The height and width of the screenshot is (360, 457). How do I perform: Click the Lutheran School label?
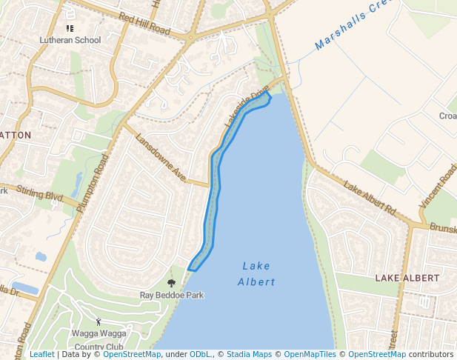pyautogui.click(x=69, y=39)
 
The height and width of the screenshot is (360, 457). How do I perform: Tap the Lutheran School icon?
pyautogui.click(x=70, y=28)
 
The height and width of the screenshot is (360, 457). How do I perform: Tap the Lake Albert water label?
pyautogui.click(x=256, y=273)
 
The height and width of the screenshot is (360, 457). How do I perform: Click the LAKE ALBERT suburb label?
pyautogui.click(x=407, y=278)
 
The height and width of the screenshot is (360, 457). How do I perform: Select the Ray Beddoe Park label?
pyautogui.click(x=172, y=295)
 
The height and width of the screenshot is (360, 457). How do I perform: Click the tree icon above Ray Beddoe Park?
pyautogui.click(x=172, y=283)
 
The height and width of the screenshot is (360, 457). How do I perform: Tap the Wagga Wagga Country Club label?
pyautogui.click(x=99, y=340)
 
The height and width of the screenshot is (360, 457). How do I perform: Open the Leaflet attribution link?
pyautogui.click(x=41, y=354)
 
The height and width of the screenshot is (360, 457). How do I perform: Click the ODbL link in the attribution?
pyautogui.click(x=200, y=354)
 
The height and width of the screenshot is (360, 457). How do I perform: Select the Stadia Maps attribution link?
pyautogui.click(x=249, y=354)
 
